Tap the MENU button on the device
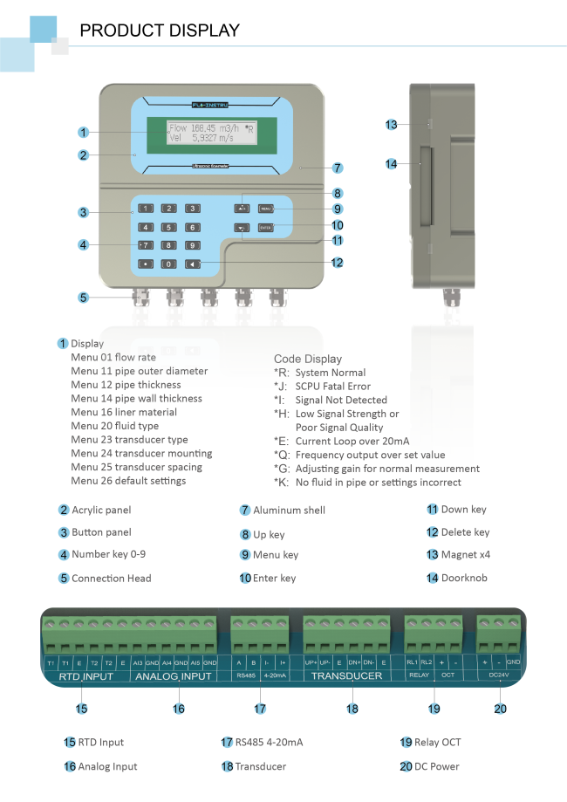point(266,209)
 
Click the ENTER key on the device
point(266,229)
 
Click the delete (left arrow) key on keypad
point(192,264)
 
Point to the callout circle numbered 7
point(337,167)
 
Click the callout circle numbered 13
point(392,125)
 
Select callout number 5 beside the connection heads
point(83,297)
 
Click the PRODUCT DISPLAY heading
point(160,31)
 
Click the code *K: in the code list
point(281,482)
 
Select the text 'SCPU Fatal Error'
point(332,386)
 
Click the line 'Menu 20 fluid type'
point(114,426)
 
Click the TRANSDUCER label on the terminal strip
point(347,675)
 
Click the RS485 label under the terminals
point(245,675)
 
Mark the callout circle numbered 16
point(179,709)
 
